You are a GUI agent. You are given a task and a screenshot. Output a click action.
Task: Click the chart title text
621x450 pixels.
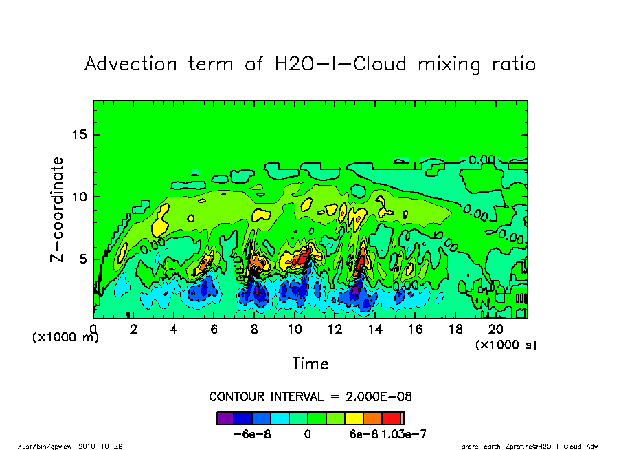pos(310,65)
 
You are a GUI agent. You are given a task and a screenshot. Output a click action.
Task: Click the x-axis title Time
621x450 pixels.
pos(310,363)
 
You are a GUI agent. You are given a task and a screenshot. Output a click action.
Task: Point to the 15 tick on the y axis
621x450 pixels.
pos(81,134)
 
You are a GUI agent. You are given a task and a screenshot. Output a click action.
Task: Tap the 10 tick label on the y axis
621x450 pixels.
pos(81,197)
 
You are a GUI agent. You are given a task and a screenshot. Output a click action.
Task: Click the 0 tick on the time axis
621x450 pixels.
pos(93,330)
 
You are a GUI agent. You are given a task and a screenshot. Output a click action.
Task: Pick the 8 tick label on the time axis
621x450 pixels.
pos(255,330)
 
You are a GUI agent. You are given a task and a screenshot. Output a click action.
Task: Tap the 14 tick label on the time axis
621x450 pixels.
pos(375,330)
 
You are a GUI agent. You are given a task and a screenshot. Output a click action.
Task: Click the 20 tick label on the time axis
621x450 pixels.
pos(496,330)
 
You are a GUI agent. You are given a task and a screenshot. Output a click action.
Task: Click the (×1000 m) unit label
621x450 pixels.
pos(66,338)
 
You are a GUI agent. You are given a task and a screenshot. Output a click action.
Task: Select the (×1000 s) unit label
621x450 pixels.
pos(506,344)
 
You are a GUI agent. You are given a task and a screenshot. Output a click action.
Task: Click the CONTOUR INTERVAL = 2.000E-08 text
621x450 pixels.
pos(310,397)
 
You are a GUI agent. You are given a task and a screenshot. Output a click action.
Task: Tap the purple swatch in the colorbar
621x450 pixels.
pos(225,418)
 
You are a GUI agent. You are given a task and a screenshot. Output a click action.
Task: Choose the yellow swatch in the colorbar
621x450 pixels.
pos(354,418)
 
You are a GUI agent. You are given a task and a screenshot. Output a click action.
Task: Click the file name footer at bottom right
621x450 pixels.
pos(529,445)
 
